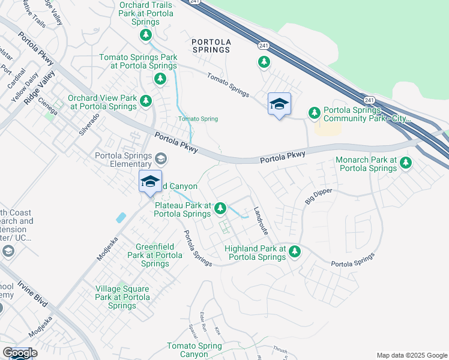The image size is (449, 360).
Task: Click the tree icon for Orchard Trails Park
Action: click(146, 35)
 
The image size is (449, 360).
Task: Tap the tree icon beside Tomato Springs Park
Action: click(160, 79)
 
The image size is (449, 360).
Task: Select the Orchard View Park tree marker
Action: click(146, 101)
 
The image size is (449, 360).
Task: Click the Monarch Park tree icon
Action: click(406, 163)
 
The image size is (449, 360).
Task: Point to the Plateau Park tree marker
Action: click(220, 208)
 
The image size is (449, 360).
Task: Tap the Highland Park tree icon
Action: click(294, 251)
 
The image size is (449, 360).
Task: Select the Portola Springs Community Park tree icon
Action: click(314, 112)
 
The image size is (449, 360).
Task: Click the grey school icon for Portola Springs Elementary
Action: click(160, 159)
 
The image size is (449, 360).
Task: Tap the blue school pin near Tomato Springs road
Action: click(279, 105)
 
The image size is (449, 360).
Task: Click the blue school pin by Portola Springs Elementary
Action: click(150, 182)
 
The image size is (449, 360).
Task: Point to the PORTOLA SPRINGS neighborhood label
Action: click(211, 46)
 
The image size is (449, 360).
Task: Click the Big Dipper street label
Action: click(318, 196)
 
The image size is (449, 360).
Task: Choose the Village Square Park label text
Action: click(122, 297)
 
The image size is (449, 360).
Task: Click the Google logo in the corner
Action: click(20, 353)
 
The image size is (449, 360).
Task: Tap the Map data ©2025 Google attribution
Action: click(411, 355)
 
